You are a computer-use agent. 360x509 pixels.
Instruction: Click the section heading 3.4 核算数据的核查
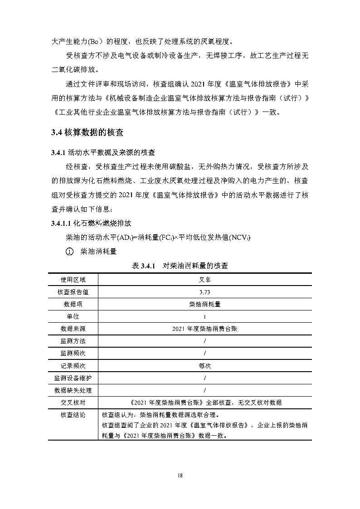87,133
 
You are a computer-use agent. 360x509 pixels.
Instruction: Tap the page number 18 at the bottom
180,475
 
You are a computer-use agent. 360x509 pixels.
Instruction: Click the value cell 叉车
205,280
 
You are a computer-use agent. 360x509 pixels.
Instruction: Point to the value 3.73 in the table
205,292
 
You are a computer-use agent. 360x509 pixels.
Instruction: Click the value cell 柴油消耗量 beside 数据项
205,304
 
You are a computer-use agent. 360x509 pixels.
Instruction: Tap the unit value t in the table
205,316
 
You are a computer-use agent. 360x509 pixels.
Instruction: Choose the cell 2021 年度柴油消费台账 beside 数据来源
205,329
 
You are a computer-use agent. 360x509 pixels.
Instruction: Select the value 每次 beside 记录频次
205,365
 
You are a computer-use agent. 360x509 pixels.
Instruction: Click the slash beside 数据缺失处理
205,390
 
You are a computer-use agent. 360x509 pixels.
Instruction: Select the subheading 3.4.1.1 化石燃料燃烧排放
91,223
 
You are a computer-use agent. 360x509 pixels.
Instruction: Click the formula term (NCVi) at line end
240,238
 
